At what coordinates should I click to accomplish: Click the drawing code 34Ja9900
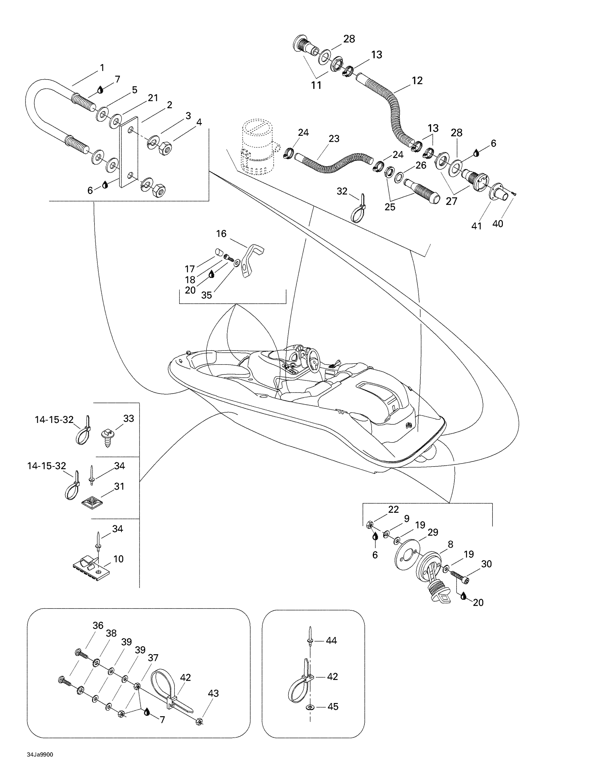(x=40, y=755)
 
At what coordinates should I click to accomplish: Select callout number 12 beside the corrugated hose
(x=417, y=81)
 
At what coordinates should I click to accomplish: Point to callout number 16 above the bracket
(x=221, y=234)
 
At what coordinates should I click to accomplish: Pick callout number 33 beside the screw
(x=129, y=418)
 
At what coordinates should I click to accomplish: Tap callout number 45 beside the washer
(x=333, y=707)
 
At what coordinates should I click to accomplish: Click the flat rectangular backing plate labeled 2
(x=129, y=151)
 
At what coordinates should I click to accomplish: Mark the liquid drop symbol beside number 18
(x=211, y=274)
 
